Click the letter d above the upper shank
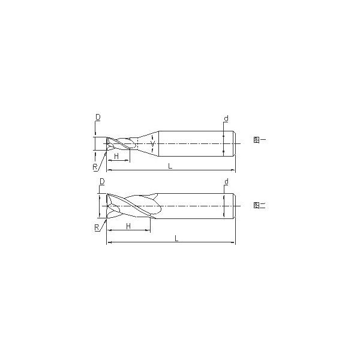point(226,118)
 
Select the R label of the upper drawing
point(95,166)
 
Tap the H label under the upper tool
point(118,156)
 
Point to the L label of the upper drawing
point(170,166)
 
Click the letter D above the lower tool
point(101,181)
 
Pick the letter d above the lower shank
point(226,181)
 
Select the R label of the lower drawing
point(97,227)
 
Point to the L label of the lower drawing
point(176,238)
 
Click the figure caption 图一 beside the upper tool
point(257,141)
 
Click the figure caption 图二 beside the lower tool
point(257,205)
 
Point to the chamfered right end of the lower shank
point(233,206)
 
